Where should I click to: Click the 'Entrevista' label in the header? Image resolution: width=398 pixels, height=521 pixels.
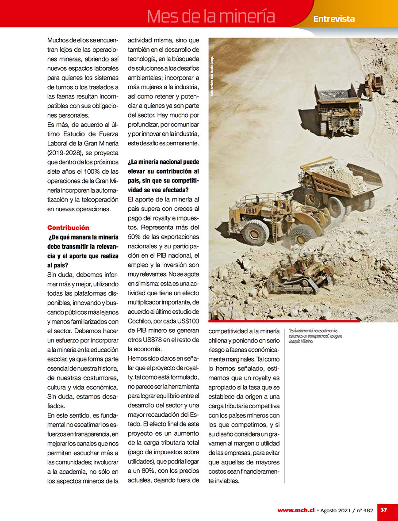334,19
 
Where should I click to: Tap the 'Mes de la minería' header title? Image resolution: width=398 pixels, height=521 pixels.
211,16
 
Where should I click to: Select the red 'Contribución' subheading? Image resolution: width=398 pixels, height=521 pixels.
68,228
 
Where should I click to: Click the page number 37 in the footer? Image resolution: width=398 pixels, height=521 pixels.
384,510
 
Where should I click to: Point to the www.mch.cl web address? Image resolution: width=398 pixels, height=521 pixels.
296,510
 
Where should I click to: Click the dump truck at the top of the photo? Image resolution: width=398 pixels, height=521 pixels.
337,106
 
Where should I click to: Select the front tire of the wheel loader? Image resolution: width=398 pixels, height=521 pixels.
256,232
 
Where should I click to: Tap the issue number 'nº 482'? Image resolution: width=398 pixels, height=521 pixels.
365,510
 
